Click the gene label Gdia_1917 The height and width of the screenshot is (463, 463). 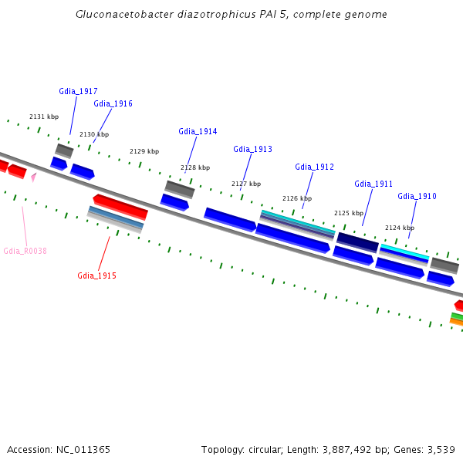coord(78,91)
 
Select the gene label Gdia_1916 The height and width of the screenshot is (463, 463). coord(113,103)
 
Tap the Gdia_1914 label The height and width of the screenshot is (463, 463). coord(198,131)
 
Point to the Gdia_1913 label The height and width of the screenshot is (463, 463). coord(253,149)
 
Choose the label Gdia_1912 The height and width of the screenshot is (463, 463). coord(315,167)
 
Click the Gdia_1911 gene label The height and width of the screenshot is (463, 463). coord(373,184)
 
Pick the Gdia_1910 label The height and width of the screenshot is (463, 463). coord(417,196)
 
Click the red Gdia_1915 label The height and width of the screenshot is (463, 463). coord(97,275)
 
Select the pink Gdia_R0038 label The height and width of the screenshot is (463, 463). coord(25,251)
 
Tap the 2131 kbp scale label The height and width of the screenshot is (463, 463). coord(44,117)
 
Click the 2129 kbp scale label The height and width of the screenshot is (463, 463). coord(144,151)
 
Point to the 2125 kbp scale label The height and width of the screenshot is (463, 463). coord(349,213)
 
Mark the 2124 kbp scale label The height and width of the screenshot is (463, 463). coord(400,228)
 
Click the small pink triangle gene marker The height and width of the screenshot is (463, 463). coord(34,177)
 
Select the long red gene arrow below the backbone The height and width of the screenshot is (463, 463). coord(120,207)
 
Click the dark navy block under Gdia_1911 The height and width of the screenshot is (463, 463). coord(357,242)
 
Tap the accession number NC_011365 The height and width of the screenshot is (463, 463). coord(83,450)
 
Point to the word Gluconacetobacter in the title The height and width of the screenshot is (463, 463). coord(124,14)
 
